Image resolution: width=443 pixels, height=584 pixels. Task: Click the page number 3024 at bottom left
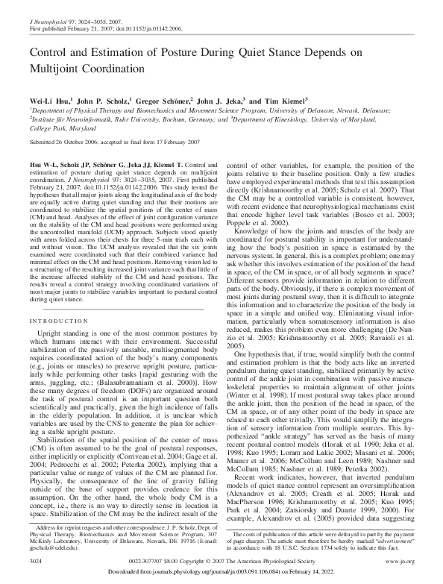point(35,558)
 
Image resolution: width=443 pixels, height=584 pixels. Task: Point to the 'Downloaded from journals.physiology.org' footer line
point(221,571)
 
